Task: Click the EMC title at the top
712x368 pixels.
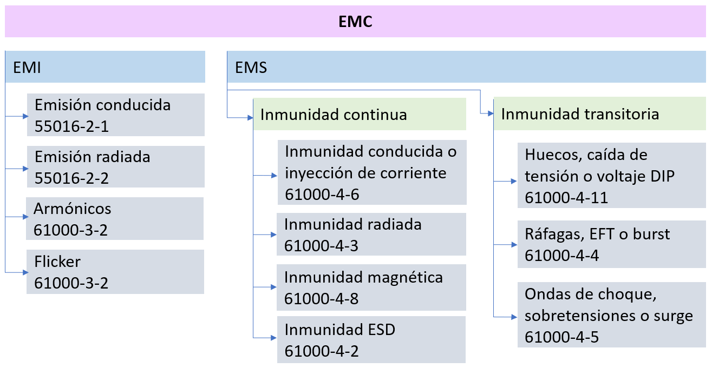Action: pos(355,22)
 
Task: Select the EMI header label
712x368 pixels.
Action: pos(27,68)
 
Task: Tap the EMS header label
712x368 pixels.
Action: pos(251,68)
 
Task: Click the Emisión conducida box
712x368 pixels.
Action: pos(116,115)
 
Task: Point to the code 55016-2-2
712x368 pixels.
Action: pos(71,178)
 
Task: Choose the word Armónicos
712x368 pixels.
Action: pos(73,209)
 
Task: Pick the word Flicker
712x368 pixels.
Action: pos(57,262)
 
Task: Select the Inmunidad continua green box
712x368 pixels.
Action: pos(360,114)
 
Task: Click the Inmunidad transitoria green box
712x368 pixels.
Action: pos(600,113)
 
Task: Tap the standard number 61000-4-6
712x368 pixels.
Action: pos(322,195)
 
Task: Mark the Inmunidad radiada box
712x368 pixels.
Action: pos(371,234)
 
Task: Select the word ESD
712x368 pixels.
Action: pos(381,330)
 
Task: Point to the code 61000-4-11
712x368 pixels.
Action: pos(566,198)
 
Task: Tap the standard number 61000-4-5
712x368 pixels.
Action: pos(561,337)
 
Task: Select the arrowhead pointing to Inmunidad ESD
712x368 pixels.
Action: pos(273,338)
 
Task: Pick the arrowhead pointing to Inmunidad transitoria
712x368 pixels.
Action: pos(491,113)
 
